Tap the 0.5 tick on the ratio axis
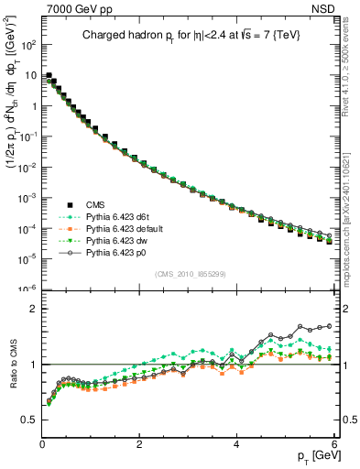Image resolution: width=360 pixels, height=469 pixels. (x=29, y=420)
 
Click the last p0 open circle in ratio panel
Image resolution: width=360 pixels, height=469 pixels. (x=329, y=326)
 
